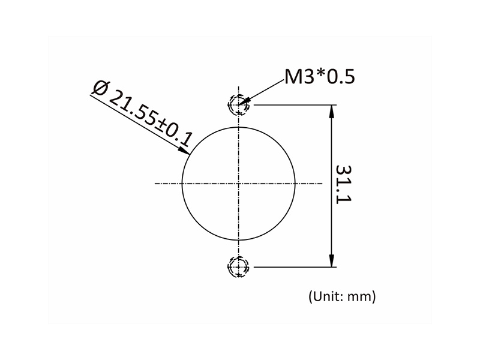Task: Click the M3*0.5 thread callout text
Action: (320, 77)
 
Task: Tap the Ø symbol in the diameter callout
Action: (100, 88)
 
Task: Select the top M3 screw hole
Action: (239, 105)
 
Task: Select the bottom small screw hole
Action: (239, 266)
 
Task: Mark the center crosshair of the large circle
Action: (239, 183)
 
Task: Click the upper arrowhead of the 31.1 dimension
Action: (331, 111)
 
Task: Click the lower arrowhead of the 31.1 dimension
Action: (331, 260)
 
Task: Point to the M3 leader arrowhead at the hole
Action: (244, 102)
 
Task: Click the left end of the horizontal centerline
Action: (156, 183)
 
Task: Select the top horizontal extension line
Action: (294, 105)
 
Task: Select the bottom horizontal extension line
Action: (294, 266)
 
